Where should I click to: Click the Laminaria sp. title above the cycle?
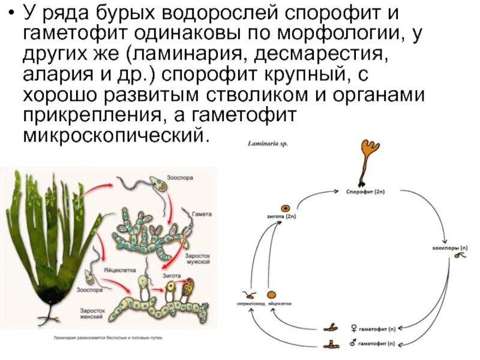pos(268,145)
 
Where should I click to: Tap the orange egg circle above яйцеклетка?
pos(271,295)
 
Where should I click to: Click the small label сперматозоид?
pos(248,304)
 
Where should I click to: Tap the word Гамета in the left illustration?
pos(202,214)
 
